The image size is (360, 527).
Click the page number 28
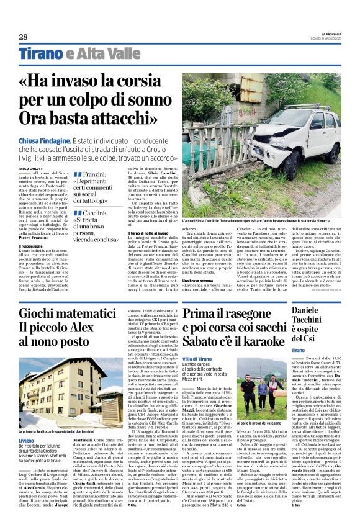23,37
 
